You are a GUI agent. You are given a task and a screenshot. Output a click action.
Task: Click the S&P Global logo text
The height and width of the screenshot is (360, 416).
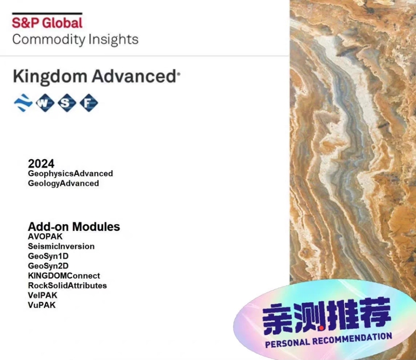pyautogui.click(x=47, y=23)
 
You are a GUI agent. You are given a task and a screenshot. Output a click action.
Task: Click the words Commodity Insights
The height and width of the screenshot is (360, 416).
pyautogui.click(x=75, y=40)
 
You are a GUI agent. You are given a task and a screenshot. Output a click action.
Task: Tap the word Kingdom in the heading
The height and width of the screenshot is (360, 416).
pyautogui.click(x=50, y=76)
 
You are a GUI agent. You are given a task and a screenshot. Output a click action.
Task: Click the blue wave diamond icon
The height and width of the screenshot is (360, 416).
pyautogui.click(x=23, y=103)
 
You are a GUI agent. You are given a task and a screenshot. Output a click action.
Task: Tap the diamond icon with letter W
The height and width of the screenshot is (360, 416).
pyautogui.click(x=45, y=103)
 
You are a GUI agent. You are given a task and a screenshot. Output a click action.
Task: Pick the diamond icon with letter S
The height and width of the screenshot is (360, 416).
pyautogui.click(x=66, y=103)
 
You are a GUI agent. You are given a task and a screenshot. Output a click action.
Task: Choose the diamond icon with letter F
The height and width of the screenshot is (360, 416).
pyautogui.click(x=88, y=103)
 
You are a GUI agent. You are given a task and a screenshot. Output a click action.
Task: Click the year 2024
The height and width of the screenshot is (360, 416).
pyautogui.click(x=41, y=164)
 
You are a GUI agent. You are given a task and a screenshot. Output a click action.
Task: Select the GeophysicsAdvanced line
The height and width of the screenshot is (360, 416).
pyautogui.click(x=70, y=174)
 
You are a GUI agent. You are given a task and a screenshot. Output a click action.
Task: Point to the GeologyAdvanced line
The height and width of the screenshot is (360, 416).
pyautogui.click(x=63, y=183)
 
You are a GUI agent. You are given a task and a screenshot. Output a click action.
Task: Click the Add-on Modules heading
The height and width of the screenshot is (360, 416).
pyautogui.click(x=74, y=227)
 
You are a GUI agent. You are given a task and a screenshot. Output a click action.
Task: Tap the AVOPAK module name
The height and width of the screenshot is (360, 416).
pyautogui.click(x=45, y=237)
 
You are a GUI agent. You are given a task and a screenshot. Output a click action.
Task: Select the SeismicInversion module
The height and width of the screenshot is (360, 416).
pyautogui.click(x=61, y=247)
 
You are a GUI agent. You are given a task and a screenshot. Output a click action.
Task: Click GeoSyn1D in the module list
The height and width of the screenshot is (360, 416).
pyautogui.click(x=48, y=256)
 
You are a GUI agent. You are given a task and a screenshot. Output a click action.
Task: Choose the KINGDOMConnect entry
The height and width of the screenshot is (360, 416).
pyautogui.click(x=64, y=276)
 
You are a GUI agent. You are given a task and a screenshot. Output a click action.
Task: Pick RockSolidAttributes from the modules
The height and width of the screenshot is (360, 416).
pyautogui.click(x=68, y=286)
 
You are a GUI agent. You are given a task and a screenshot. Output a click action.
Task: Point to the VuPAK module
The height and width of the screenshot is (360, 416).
pyautogui.click(x=42, y=305)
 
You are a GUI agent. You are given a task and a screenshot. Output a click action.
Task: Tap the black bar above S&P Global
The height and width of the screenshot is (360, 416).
pyautogui.click(x=47, y=14)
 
